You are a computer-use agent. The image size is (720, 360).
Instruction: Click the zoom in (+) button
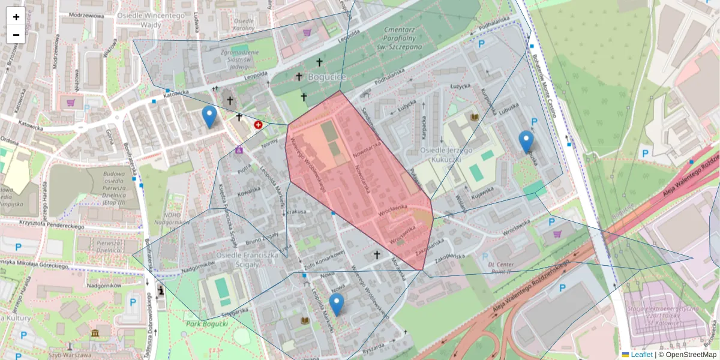16,17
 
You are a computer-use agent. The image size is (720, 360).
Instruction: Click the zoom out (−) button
16,34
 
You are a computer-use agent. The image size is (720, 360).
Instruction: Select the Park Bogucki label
208,323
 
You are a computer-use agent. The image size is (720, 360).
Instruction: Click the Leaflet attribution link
641,355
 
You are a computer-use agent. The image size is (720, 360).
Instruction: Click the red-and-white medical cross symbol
258,125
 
